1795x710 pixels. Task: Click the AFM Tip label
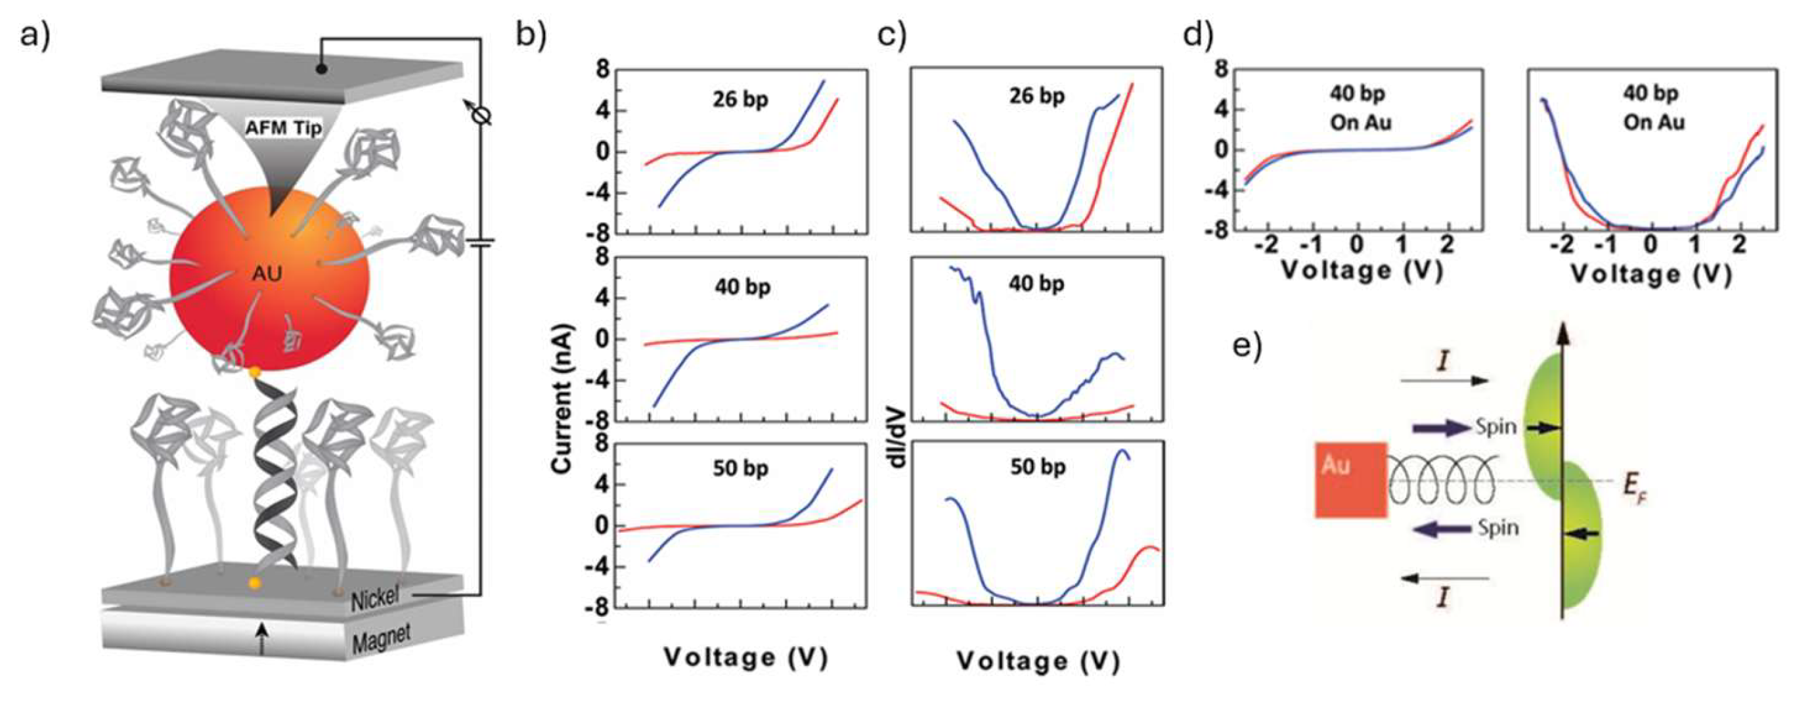(x=284, y=128)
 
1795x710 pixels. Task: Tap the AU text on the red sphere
(x=267, y=274)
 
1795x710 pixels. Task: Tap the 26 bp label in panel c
(x=1038, y=95)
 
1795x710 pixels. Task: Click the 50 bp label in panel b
(x=741, y=468)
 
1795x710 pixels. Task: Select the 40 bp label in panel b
(x=743, y=287)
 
